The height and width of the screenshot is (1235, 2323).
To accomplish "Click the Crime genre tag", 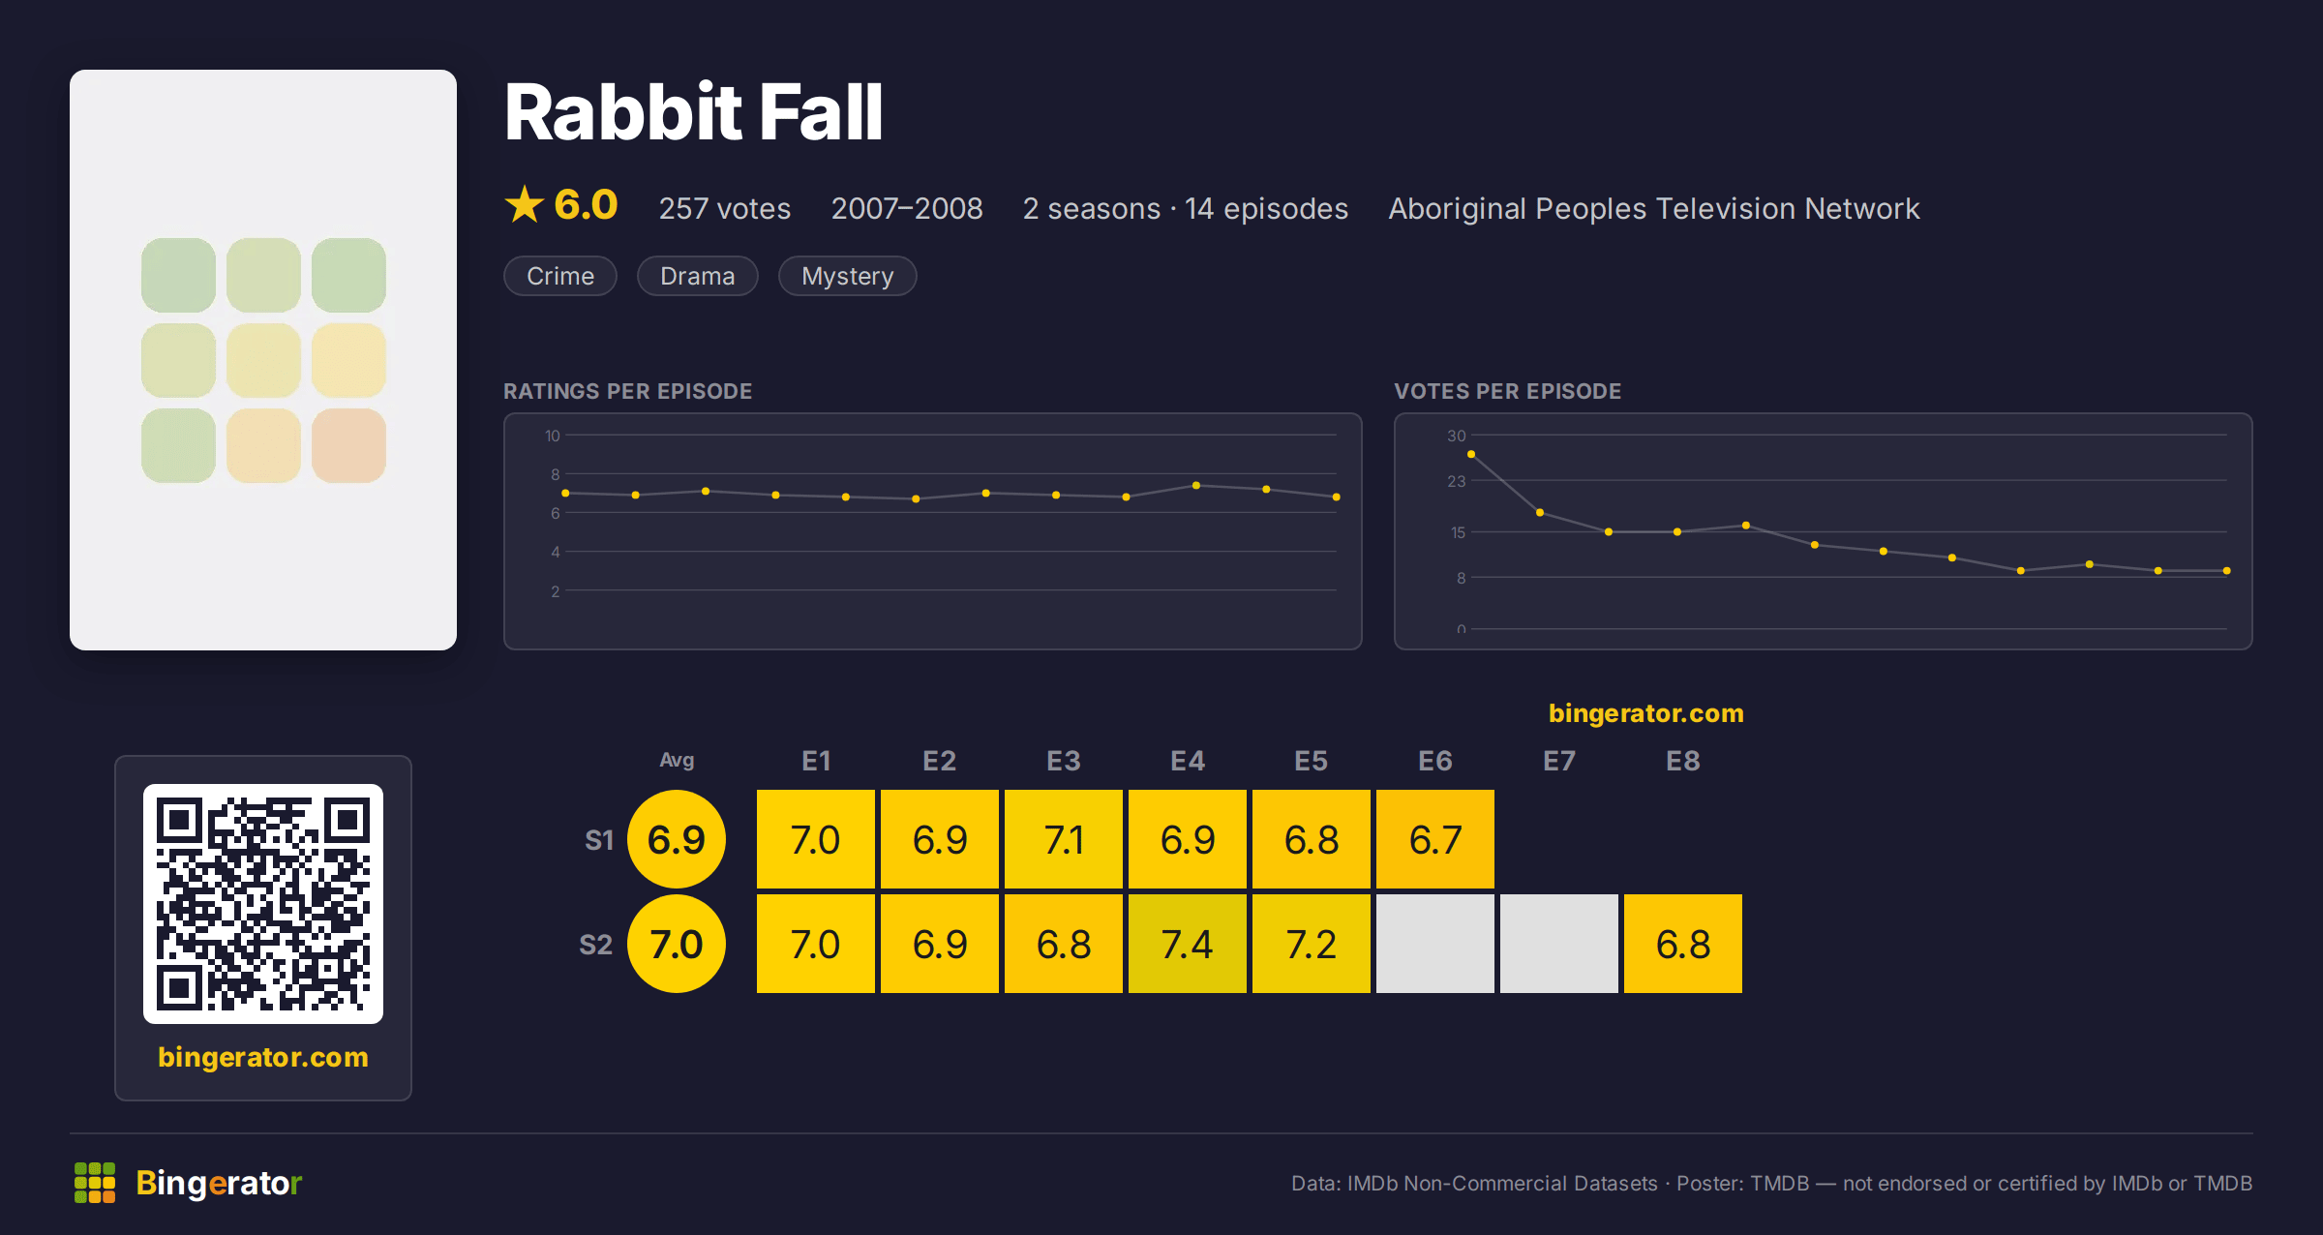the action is coord(560,276).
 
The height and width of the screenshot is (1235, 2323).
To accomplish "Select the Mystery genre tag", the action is coord(847,276).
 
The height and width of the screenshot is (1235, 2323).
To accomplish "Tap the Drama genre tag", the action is coord(697,276).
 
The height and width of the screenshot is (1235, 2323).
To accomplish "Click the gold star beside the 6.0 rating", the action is coord(525,204).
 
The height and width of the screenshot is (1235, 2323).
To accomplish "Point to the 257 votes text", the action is coord(725,208).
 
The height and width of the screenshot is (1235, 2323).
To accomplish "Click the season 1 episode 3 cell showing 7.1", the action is coord(1064,839).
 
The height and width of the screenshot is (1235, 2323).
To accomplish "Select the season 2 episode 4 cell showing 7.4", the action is coord(1188,944).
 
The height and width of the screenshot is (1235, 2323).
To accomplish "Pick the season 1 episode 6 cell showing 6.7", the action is coord(1435,839).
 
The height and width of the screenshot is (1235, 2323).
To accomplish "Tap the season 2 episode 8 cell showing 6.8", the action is coord(1683,944).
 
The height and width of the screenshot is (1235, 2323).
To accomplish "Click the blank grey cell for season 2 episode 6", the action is coord(1435,944).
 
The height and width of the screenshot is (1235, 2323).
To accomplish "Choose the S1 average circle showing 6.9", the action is coord(677,839).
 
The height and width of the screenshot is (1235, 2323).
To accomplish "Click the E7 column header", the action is coord(1559,761).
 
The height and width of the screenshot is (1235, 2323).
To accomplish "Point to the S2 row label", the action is coord(596,945).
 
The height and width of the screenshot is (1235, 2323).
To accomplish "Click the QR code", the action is coord(263,904).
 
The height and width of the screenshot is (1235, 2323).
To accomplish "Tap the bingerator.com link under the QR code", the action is coord(263,1057).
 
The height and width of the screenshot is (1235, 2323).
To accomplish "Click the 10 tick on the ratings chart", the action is coord(552,436).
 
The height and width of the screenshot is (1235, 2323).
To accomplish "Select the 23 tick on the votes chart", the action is coord(1457,481).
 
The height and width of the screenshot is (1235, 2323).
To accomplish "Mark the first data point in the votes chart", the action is coord(1471,454).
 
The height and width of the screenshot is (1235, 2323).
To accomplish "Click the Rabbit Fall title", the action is coord(693,112).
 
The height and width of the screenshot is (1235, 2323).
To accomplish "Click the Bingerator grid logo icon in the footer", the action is coord(95,1183).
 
